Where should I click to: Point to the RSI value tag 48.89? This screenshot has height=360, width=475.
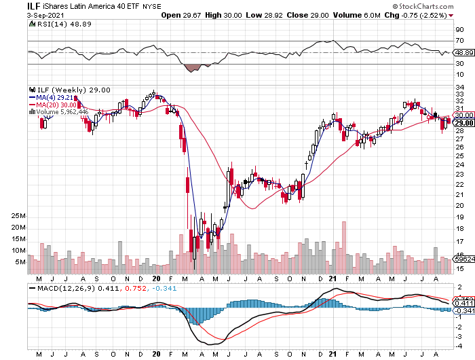click(x=464, y=52)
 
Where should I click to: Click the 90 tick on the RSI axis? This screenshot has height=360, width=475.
click(x=459, y=30)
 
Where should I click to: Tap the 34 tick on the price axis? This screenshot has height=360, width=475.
click(x=459, y=87)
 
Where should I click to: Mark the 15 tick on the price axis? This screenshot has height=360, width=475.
click(x=459, y=268)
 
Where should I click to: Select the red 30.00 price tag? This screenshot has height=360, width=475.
click(x=464, y=115)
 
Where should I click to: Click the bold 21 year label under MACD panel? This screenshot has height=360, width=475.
click(x=332, y=354)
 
